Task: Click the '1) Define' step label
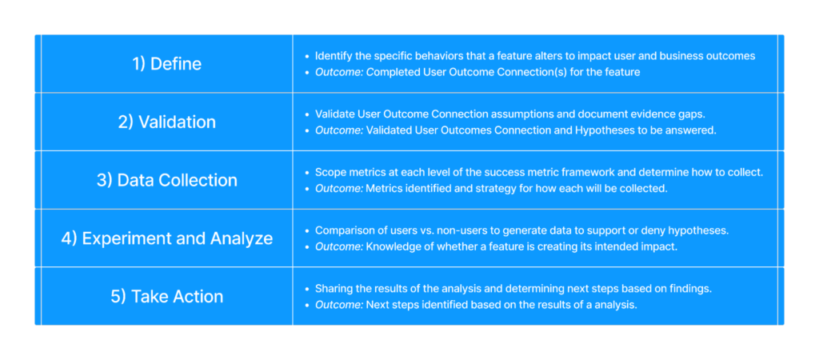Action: click(x=166, y=64)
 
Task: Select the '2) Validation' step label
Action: click(x=166, y=122)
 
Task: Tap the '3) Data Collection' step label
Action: click(x=166, y=180)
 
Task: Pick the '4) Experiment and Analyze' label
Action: click(x=166, y=238)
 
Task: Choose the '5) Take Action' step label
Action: click(x=166, y=296)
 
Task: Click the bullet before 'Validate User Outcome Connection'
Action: click(x=307, y=114)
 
